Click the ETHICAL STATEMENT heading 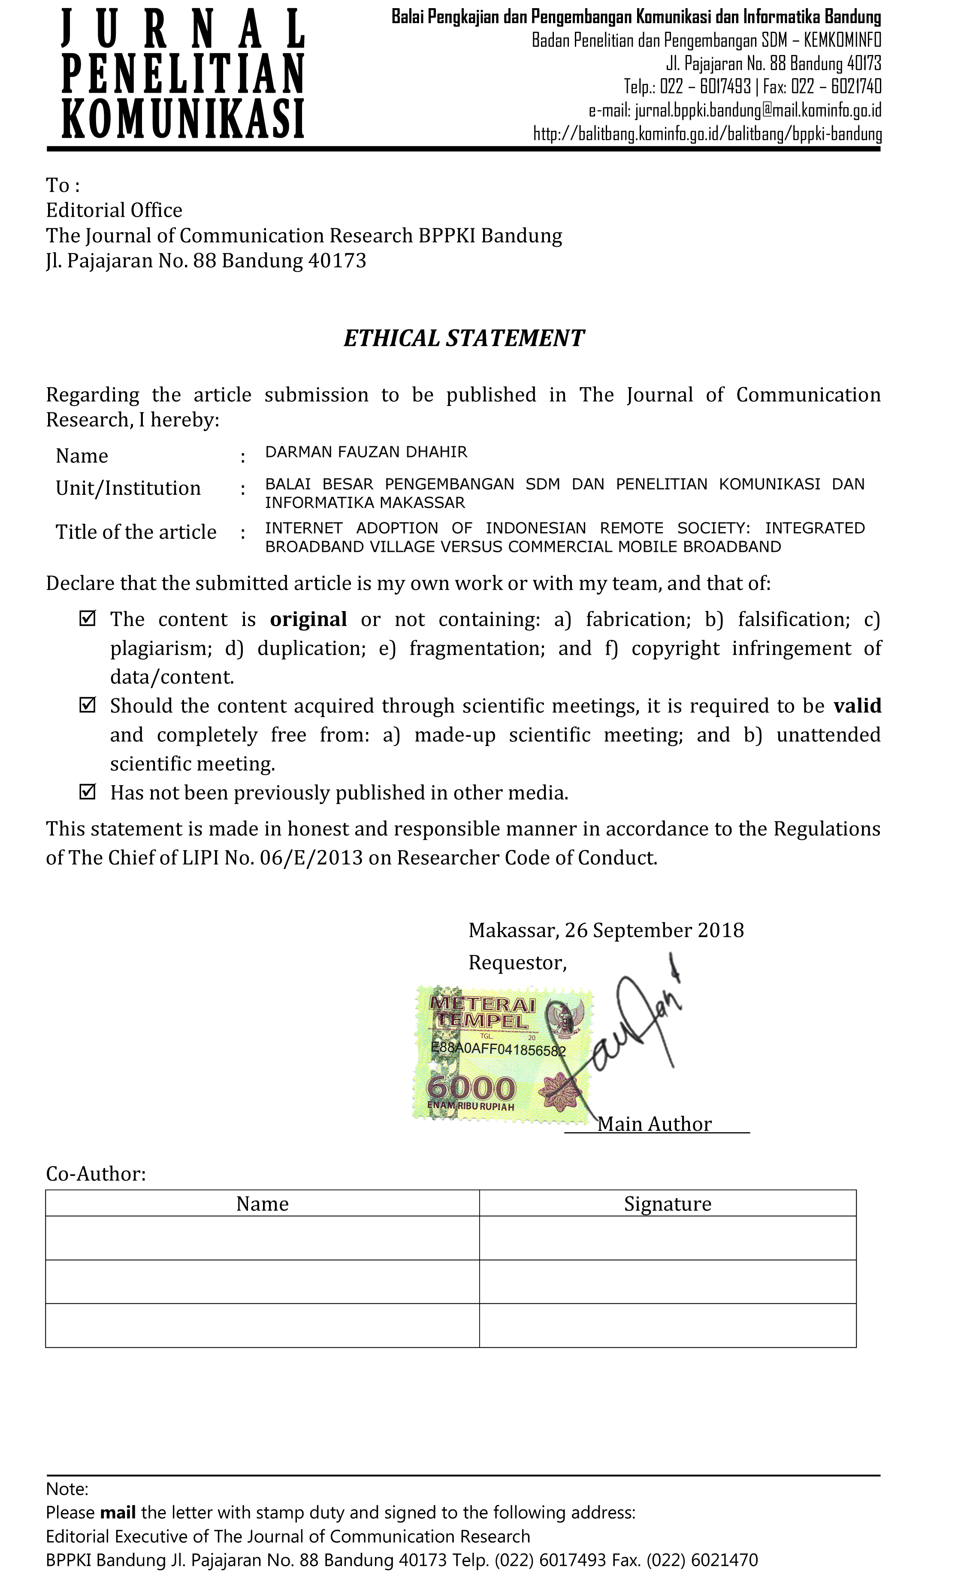pos(464,338)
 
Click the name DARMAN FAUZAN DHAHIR pos(366,452)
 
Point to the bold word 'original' pos(308,619)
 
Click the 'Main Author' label pos(654,1124)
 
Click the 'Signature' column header pos(668,1204)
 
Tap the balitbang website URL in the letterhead pos(707,134)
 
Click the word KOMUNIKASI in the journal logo pos(183,119)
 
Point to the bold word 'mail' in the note pos(118,1512)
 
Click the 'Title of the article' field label pos(136,532)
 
